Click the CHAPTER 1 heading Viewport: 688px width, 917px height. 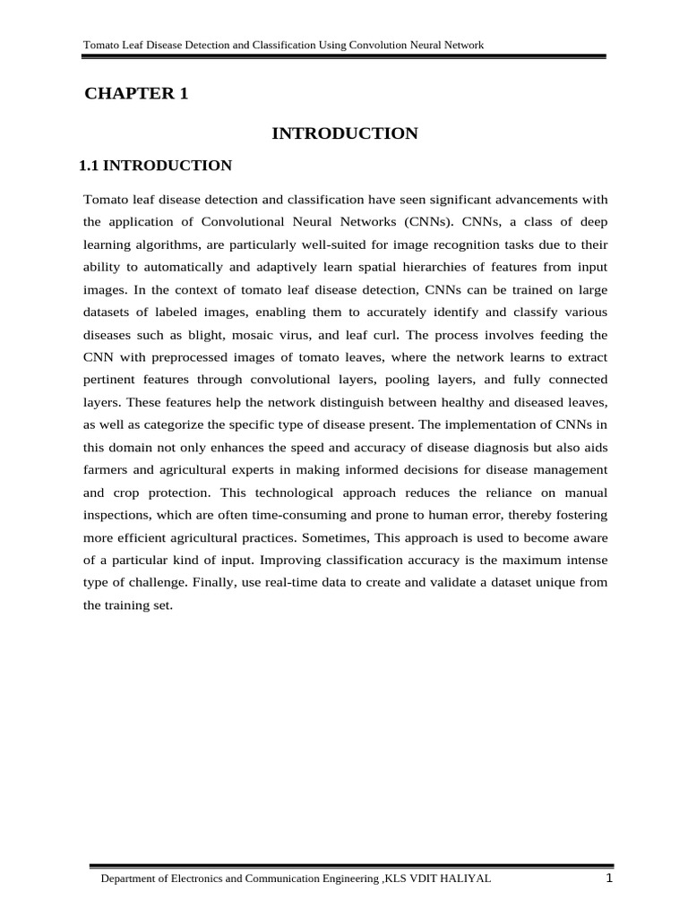136,94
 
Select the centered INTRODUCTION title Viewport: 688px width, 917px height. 345,133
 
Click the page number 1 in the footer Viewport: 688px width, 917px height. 608,878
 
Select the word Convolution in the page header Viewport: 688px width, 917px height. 356,44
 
